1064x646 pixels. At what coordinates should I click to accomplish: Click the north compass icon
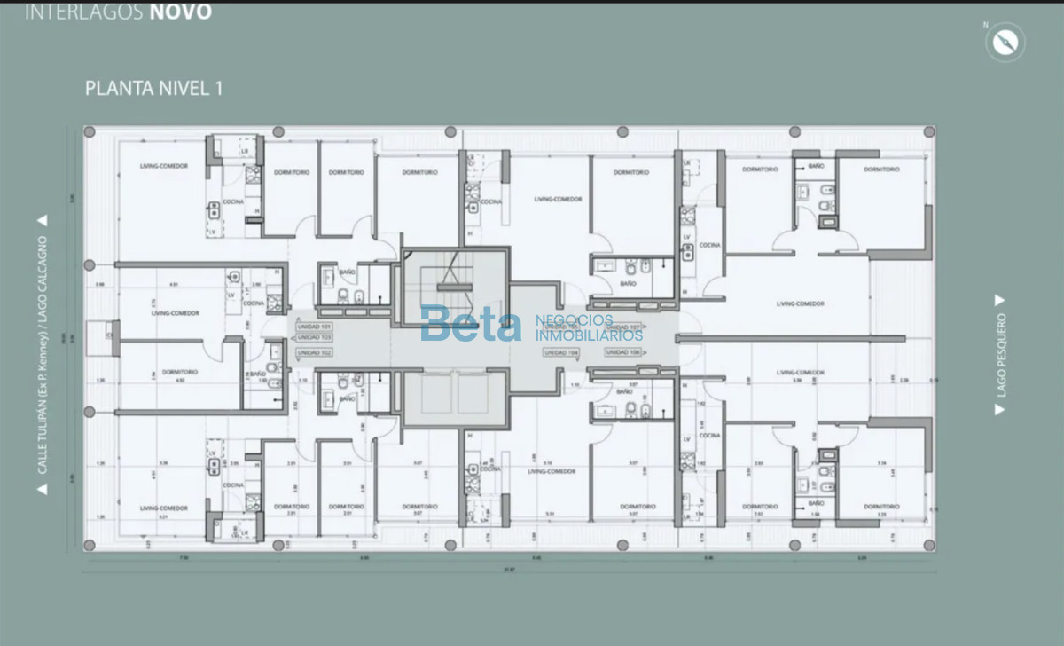click(1005, 42)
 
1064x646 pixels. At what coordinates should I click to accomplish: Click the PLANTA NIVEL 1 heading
click(153, 88)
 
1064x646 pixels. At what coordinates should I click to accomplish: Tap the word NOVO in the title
click(180, 12)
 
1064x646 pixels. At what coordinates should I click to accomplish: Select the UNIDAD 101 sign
click(314, 327)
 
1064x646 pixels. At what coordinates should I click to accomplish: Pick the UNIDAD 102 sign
click(314, 352)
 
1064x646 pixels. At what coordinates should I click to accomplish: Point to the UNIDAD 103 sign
click(314, 338)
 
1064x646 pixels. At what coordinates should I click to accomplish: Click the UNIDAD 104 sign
click(560, 352)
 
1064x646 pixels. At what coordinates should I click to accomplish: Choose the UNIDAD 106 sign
click(623, 352)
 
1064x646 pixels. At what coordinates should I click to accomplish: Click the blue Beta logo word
click(471, 324)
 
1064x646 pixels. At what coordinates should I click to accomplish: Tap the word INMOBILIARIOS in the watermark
click(589, 336)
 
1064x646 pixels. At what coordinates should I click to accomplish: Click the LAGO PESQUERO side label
click(1001, 354)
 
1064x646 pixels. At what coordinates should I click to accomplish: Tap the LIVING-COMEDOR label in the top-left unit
click(164, 167)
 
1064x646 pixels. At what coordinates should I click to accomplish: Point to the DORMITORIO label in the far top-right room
click(881, 169)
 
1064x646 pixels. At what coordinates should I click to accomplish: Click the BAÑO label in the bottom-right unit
click(817, 503)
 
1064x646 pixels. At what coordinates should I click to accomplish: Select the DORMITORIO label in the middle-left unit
click(181, 372)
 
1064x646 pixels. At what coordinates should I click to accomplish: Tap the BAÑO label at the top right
click(813, 166)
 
